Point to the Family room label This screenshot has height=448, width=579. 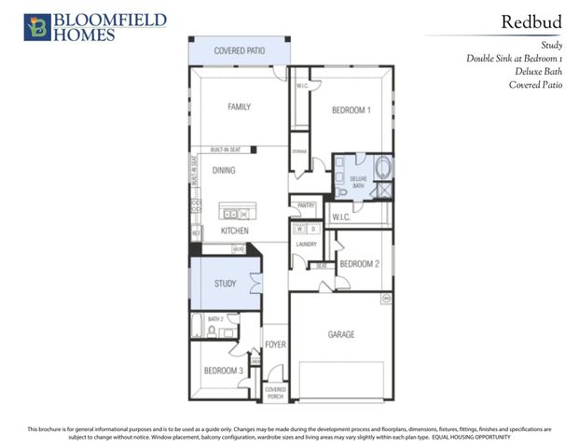[240, 107]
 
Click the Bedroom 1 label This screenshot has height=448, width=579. [352, 110]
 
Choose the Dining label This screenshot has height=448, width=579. [224, 171]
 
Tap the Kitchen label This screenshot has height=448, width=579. [233, 231]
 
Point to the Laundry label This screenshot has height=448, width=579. [307, 245]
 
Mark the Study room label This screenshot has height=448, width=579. [225, 283]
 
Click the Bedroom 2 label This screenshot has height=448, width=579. [359, 264]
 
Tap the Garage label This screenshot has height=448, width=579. [340, 334]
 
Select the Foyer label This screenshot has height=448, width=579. [275, 344]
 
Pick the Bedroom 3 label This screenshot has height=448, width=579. [224, 371]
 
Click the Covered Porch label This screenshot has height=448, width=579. [275, 392]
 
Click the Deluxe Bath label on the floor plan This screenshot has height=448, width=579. [358, 179]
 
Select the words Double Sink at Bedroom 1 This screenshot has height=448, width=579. [514, 58]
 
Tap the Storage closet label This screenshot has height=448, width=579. [299, 151]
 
